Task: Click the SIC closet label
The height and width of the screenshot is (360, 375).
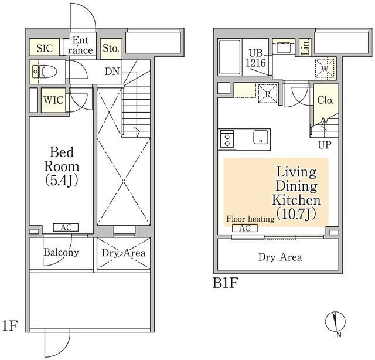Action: click(45, 48)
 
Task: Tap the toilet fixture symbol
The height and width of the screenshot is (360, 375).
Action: click(45, 72)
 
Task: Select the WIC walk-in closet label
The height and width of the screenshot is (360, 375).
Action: click(53, 100)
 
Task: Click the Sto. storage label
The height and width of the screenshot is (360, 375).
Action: click(111, 48)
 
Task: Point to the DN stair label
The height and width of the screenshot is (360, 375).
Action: click(112, 71)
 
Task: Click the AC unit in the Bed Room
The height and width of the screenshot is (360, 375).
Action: click(66, 227)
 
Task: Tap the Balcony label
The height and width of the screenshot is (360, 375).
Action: click(61, 252)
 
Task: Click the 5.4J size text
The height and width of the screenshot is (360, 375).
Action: click(62, 181)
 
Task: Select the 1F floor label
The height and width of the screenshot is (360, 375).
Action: click(9, 325)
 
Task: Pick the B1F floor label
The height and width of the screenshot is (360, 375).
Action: click(226, 283)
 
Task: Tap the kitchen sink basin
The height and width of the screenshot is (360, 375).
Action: click(261, 137)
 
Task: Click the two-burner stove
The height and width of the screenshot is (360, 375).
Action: click(227, 140)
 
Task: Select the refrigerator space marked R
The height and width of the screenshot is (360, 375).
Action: click(267, 94)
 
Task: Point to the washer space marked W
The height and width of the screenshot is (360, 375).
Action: click(325, 68)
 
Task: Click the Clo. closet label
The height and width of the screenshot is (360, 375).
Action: click(326, 100)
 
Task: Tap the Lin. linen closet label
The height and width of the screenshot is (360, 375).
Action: click(305, 47)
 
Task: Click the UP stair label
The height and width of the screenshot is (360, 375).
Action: click(325, 145)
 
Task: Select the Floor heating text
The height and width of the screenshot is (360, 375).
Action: click(250, 219)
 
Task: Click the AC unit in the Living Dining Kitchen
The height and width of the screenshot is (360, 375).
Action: click(245, 228)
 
